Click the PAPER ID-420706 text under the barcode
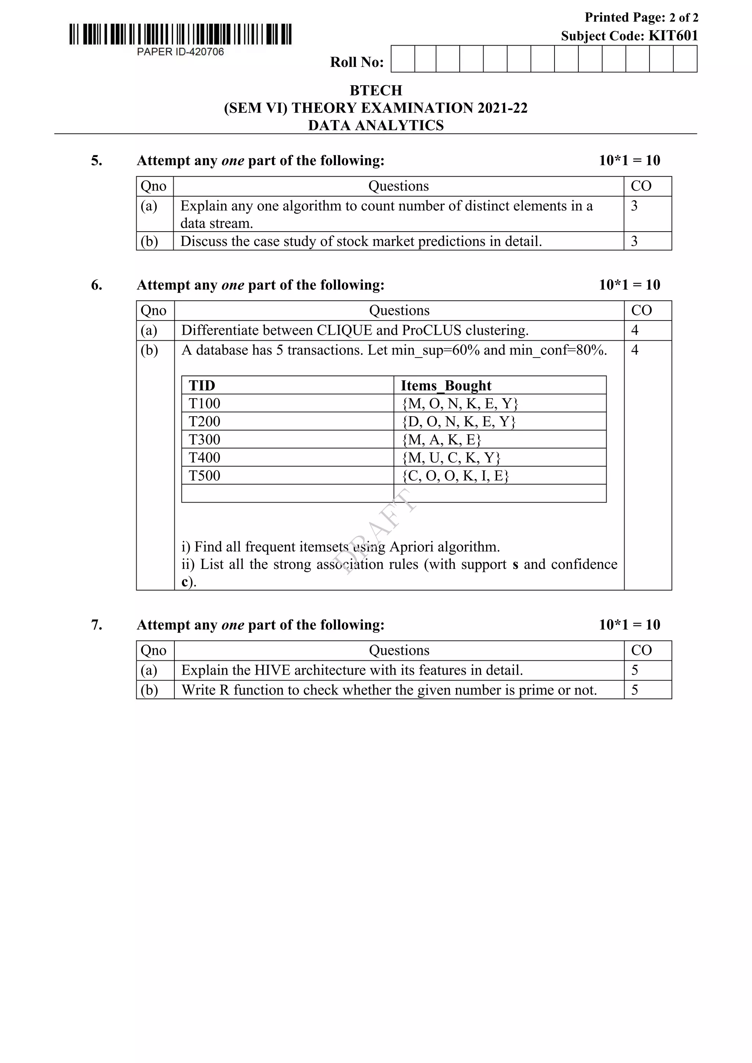coord(180,52)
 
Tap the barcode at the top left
coord(180,34)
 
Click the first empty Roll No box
coord(402,59)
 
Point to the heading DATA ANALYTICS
coord(376,126)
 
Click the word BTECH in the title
coord(376,90)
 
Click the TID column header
coord(202,386)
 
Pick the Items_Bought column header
coord(445,386)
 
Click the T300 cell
coord(204,439)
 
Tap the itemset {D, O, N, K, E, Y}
coord(458,421)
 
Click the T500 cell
coord(204,475)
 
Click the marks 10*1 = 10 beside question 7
coord(629,625)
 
